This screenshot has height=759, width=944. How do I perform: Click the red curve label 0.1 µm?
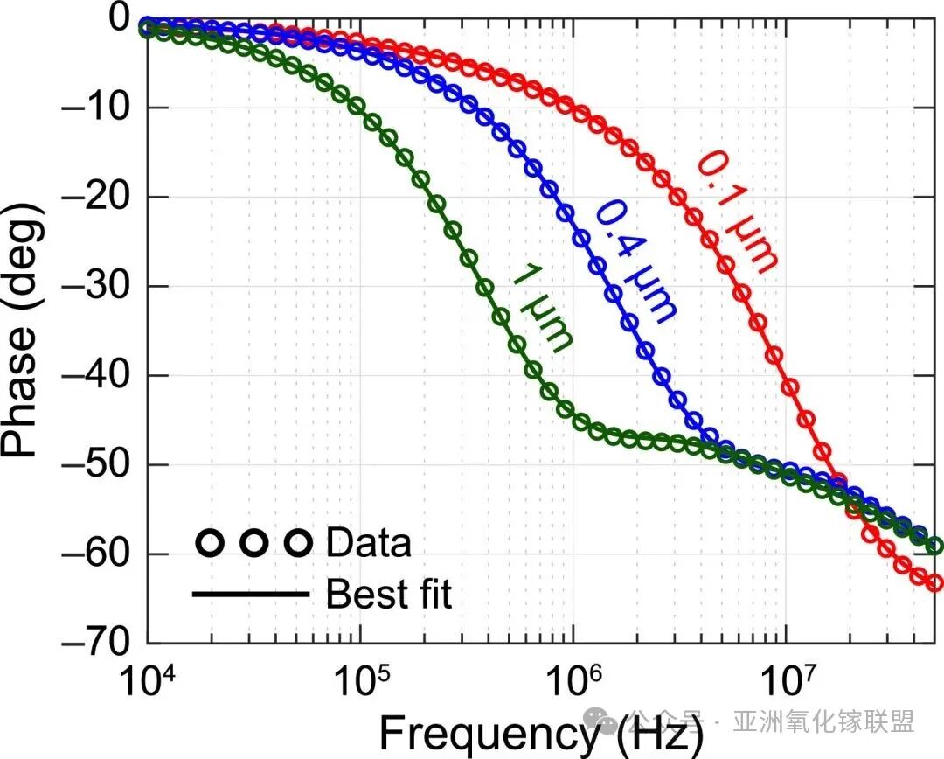pyautogui.click(x=736, y=210)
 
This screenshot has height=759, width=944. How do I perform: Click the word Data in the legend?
pyautogui.click(x=368, y=543)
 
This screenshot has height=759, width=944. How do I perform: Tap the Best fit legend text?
pyautogui.click(x=389, y=595)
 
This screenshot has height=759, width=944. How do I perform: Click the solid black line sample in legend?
pyautogui.click(x=251, y=595)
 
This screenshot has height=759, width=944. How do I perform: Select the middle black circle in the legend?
pyautogui.click(x=253, y=543)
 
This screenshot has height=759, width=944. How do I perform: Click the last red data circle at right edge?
pyautogui.click(x=934, y=582)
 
